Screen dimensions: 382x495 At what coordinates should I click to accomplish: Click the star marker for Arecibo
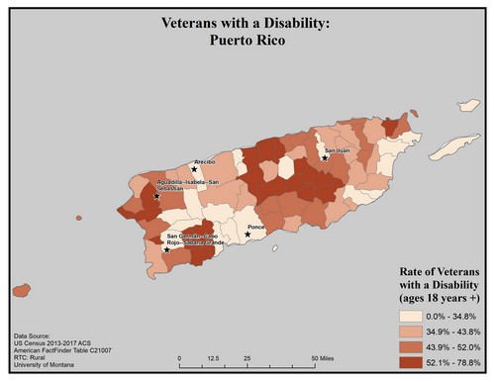click(194, 169)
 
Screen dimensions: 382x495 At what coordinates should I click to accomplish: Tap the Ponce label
click(256, 228)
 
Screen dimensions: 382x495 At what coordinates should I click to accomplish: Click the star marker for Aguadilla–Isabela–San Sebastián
click(157, 196)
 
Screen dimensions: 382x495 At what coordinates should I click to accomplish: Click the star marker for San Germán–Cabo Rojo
click(166, 249)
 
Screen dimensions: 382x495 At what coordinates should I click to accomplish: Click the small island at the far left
click(20, 291)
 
